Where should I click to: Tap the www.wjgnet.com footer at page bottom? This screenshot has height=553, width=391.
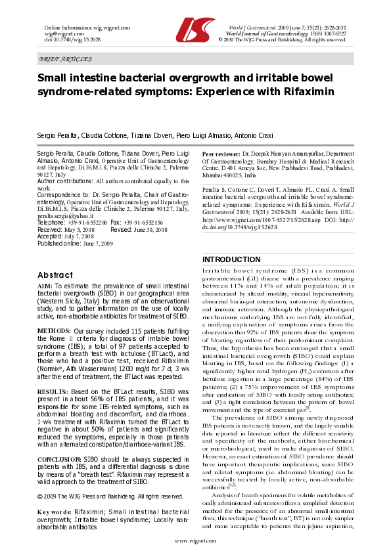pos(195,540)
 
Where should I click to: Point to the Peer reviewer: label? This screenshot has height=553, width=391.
pos(221,153)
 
